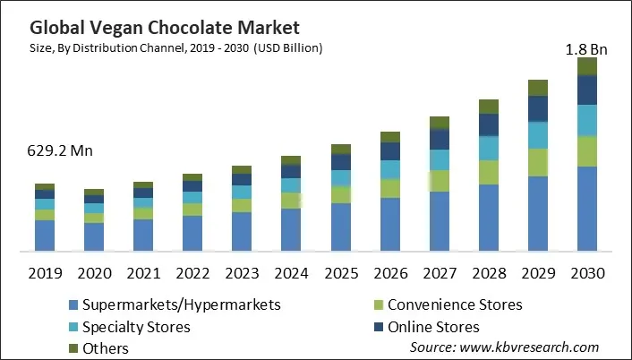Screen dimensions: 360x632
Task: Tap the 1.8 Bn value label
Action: pyautogui.click(x=586, y=50)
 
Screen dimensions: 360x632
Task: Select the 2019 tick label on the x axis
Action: pyautogui.click(x=45, y=272)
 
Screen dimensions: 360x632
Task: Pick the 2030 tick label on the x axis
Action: pyautogui.click(x=586, y=272)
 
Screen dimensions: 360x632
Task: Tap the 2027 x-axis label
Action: pyautogui.click(x=439, y=272)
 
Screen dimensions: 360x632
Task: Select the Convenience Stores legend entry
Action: pyautogui.click(x=455, y=304)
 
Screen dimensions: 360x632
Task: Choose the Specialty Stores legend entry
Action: pyautogui.click(x=135, y=327)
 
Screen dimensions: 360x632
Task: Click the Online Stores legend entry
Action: pyautogui.click(x=433, y=327)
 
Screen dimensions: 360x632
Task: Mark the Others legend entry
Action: pyautogui.click(x=105, y=348)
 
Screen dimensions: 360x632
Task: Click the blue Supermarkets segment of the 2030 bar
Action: pyautogui.click(x=586, y=208)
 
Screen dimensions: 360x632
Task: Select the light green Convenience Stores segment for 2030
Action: pyautogui.click(x=586, y=151)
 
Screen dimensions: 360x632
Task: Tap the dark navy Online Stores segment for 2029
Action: pyautogui.click(x=537, y=108)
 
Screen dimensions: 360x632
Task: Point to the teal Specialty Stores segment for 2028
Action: pyautogui.click(x=488, y=148)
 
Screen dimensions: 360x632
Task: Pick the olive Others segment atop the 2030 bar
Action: pyautogui.click(x=586, y=66)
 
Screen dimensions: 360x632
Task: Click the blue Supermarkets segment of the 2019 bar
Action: pyautogui.click(x=45, y=235)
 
